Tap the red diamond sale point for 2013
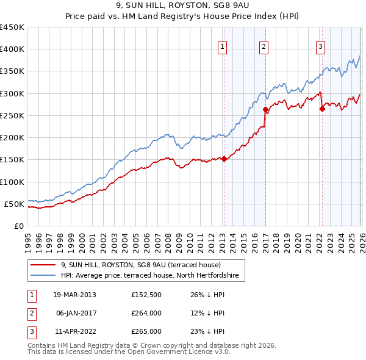click(x=224, y=159)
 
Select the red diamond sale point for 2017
click(x=265, y=110)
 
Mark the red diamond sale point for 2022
click(x=322, y=109)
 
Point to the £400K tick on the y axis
click(x=12, y=49)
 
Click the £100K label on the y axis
click(x=12, y=182)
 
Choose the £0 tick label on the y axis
click(x=19, y=226)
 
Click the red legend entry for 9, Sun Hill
click(x=145, y=265)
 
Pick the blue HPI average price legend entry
click(x=152, y=276)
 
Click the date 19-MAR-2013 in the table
click(x=74, y=295)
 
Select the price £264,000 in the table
click(x=146, y=313)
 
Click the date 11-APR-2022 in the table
click(x=74, y=331)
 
